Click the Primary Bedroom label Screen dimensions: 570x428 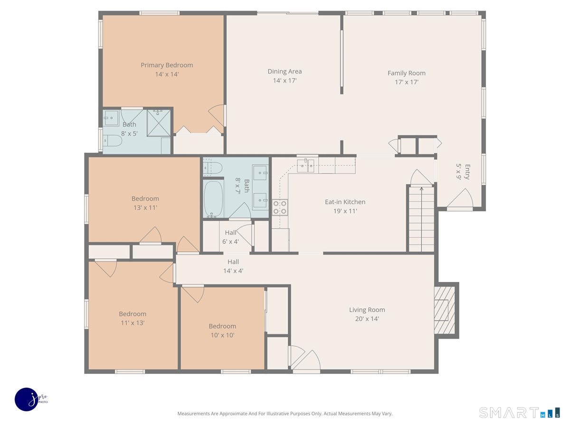[x=167, y=65]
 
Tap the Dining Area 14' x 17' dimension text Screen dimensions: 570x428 [x=285, y=80]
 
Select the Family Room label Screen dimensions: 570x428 [x=407, y=73]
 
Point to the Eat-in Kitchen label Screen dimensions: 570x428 [x=345, y=202]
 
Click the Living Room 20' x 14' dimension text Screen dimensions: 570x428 [x=367, y=319]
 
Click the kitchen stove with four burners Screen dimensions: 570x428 [x=280, y=207]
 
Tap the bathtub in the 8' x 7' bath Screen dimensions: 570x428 [x=213, y=199]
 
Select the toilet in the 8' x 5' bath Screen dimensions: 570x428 [x=112, y=141]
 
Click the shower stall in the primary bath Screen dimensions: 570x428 [x=159, y=123]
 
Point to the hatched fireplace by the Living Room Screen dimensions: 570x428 [x=445, y=310]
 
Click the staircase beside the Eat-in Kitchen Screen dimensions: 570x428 [x=421, y=219]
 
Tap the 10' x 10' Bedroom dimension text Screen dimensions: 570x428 [x=222, y=335]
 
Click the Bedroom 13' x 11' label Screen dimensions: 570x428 [x=145, y=203]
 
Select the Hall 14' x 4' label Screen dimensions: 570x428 [x=233, y=266]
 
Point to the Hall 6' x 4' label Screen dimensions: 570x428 [x=230, y=237]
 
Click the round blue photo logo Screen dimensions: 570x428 [x=27, y=399]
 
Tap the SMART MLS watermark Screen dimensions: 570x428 [x=519, y=413]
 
